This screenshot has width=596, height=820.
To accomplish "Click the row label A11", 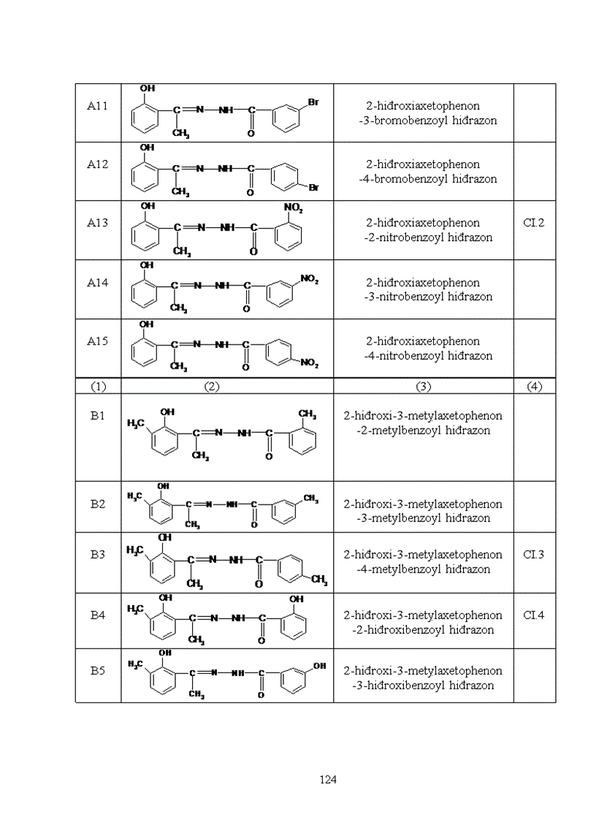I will tap(98, 107).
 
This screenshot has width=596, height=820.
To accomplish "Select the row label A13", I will tap(98, 223).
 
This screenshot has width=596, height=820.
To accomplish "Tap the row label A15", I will tap(98, 342).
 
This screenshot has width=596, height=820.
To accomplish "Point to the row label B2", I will tap(98, 504).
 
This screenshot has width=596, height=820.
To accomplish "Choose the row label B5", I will tap(98, 671).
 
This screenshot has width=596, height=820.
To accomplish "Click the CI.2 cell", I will tap(534, 223).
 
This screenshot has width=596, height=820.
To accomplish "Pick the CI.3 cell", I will tap(534, 555).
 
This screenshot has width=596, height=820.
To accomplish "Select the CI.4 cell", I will tap(534, 616).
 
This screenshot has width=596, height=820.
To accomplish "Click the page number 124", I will tap(328, 780).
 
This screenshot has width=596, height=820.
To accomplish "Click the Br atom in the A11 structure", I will tap(313, 102).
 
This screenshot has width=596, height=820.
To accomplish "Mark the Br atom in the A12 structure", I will tap(313, 188).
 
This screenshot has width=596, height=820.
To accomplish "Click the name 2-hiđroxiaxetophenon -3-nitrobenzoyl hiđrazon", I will tap(424, 290).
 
